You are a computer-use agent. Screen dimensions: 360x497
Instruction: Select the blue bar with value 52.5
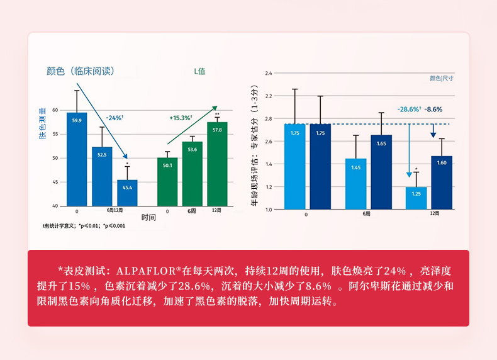click(x=102, y=176)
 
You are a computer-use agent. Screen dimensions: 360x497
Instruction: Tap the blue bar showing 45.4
click(x=127, y=193)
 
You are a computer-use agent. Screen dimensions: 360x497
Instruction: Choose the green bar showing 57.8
click(x=217, y=164)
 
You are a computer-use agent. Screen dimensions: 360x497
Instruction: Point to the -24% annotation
click(x=114, y=118)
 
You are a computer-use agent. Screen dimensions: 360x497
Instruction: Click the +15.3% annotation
click(x=181, y=118)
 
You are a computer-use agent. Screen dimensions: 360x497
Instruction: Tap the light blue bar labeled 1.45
click(x=355, y=183)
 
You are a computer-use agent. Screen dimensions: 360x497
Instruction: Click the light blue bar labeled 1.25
click(x=416, y=198)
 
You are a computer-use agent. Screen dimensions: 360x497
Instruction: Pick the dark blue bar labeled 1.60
click(x=442, y=183)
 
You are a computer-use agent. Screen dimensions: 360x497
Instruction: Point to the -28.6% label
click(x=410, y=109)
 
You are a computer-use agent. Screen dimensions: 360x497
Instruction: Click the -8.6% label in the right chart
click(x=433, y=109)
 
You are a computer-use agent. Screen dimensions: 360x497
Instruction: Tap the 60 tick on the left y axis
click(x=55, y=110)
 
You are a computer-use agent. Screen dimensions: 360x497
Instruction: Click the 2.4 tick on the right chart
click(x=269, y=74)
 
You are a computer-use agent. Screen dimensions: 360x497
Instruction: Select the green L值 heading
click(x=199, y=71)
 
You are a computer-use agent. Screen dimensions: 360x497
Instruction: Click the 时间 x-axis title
click(x=148, y=217)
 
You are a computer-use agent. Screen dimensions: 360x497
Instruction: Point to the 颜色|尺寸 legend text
click(x=442, y=79)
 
